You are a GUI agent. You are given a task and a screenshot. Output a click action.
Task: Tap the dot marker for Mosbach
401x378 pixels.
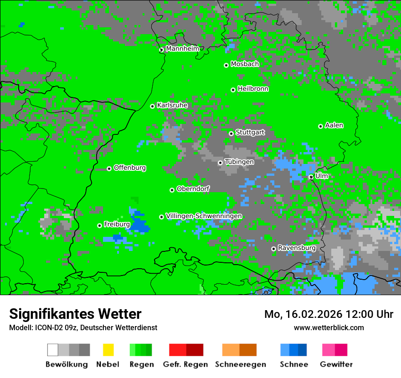point(226,65)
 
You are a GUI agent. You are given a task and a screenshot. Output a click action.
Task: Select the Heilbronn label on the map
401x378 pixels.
point(253,89)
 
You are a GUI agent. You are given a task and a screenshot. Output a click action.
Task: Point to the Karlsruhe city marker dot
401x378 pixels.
point(153,106)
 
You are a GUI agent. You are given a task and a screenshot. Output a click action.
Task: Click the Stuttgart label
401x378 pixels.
point(250,133)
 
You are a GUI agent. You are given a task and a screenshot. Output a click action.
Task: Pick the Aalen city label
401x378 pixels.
point(334,125)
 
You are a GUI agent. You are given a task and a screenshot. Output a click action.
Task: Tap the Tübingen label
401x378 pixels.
point(239,162)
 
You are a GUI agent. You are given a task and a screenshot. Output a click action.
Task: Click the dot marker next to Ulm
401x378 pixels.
point(311,177)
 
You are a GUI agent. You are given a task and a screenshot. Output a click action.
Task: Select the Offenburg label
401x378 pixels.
point(130,168)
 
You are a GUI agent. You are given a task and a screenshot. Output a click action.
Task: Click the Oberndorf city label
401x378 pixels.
point(193,189)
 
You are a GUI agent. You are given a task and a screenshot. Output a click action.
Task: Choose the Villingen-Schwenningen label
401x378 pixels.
point(204,216)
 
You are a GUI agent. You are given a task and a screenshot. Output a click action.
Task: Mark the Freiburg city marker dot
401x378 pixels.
point(99,225)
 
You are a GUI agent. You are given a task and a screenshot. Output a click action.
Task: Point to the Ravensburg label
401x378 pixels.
point(297,248)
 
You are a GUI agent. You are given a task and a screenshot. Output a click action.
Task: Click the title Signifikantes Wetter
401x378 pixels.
point(75,314)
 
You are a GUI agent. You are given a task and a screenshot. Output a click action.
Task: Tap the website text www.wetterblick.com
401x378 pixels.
point(329,327)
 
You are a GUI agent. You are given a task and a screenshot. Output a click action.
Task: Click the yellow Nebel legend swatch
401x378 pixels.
point(108,350)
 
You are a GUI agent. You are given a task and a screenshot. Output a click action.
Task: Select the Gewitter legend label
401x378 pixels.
point(336,364)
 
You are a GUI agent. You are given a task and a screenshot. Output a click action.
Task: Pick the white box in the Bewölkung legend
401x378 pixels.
point(53,350)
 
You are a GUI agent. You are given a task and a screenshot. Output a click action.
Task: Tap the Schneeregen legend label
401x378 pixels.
point(240,364)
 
